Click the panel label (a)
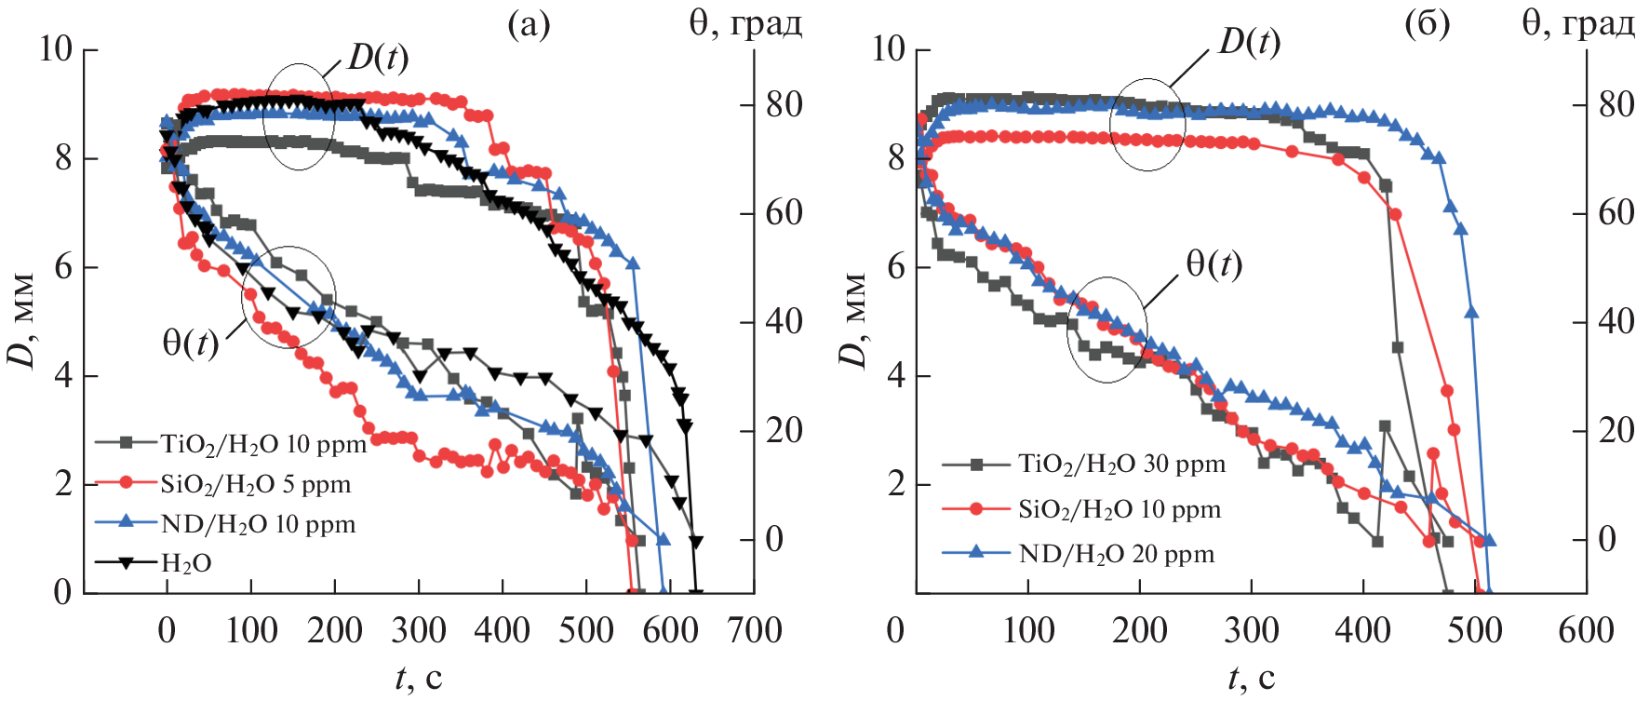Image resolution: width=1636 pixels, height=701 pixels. pos(529,24)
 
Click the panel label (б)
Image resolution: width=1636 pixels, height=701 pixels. pos(1427,24)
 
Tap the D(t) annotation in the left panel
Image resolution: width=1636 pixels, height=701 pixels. pos(378,58)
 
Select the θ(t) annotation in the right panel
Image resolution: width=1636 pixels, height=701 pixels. pos(1214,265)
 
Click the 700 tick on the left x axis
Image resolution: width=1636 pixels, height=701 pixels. pos(754,631)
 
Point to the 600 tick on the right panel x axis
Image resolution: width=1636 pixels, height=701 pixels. pos(1586,631)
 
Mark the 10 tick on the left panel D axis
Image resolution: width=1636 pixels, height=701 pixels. pos(55,48)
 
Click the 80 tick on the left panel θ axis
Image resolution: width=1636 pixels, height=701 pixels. pos(784,104)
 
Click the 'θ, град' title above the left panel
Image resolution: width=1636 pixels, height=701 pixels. pos(745,22)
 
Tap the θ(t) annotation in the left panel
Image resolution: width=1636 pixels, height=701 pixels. pos(191,344)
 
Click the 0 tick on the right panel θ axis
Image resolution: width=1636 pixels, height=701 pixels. pos(1606,539)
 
